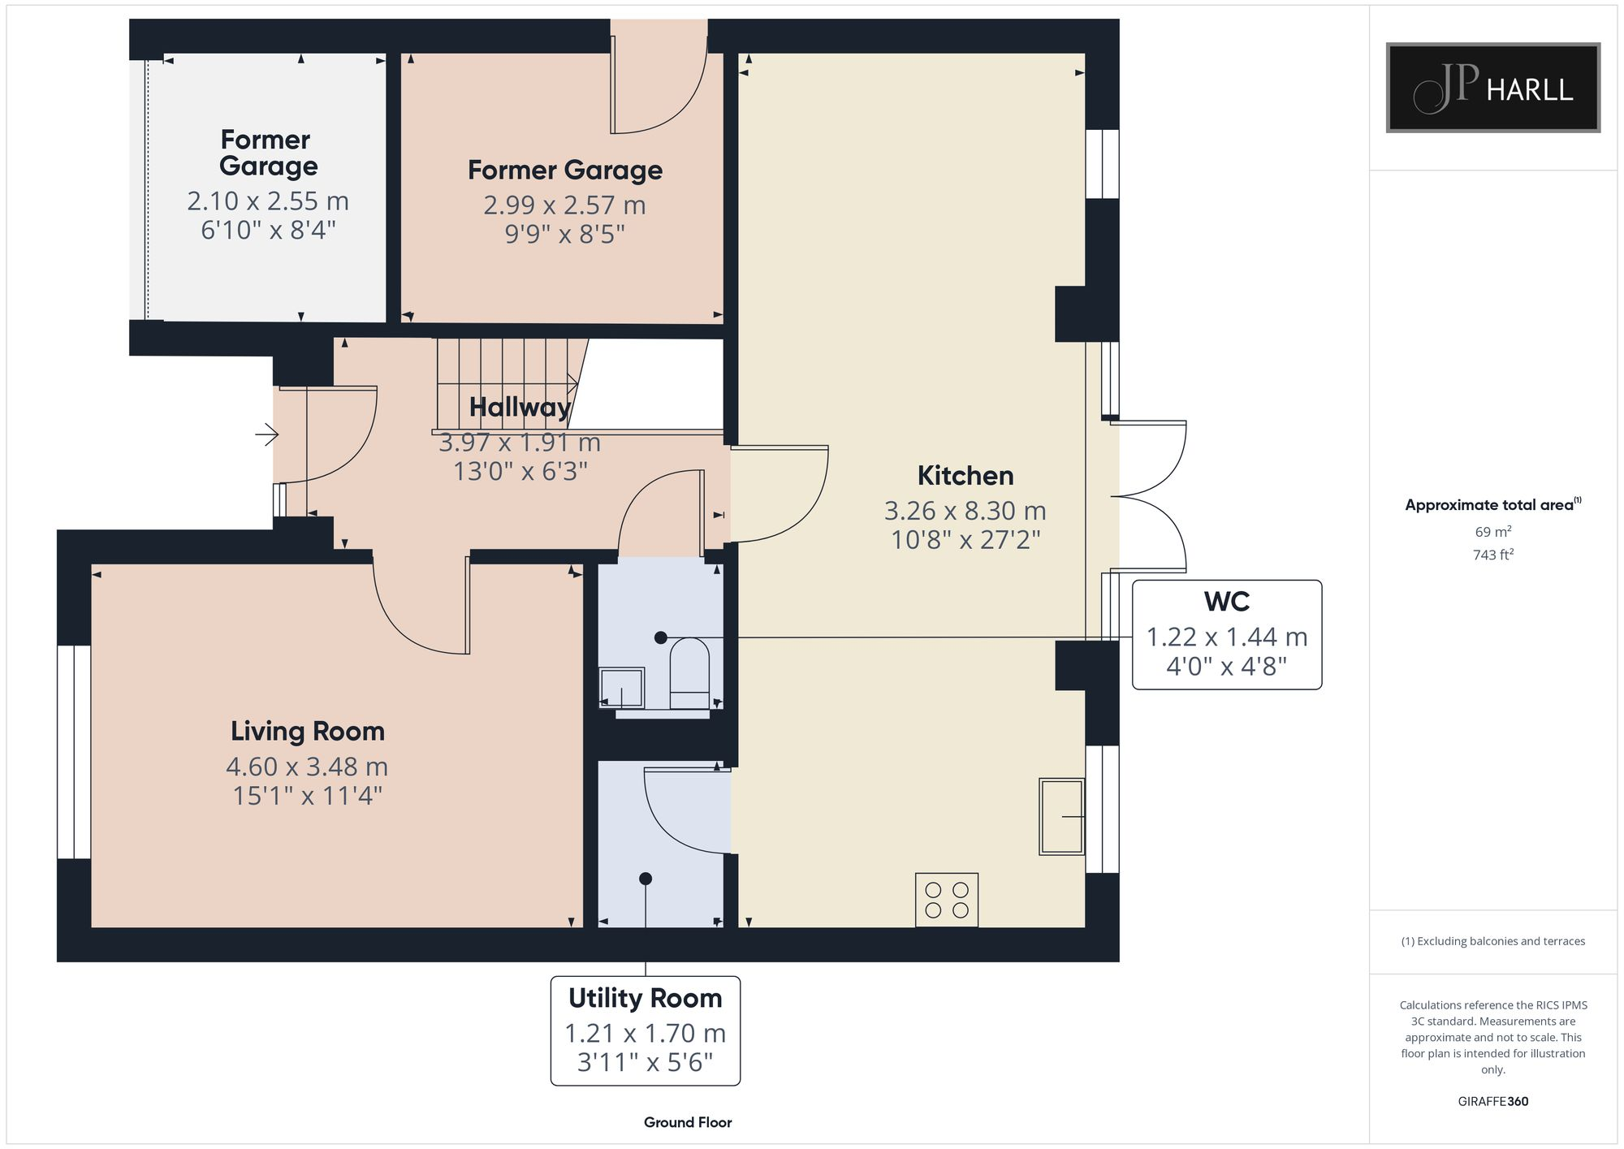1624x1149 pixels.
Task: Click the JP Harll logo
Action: pyautogui.click(x=1492, y=88)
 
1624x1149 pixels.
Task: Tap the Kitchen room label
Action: pyautogui.click(x=965, y=476)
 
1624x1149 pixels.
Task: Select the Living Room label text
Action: pyautogui.click(x=307, y=731)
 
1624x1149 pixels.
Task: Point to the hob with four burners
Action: pyautogui.click(x=946, y=900)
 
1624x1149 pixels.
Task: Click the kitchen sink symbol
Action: pyautogui.click(x=1061, y=816)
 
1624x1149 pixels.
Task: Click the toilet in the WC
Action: pyautogui.click(x=689, y=673)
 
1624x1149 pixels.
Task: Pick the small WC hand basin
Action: pyautogui.click(x=621, y=688)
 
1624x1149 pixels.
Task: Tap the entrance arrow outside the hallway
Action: pyautogui.click(x=267, y=435)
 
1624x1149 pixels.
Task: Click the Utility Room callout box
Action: pyautogui.click(x=645, y=1030)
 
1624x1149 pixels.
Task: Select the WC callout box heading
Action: pyautogui.click(x=1226, y=602)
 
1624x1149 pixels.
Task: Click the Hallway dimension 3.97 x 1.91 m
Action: pyautogui.click(x=520, y=443)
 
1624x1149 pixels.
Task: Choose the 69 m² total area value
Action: pyautogui.click(x=1492, y=532)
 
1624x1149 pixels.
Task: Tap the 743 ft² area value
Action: pyautogui.click(x=1492, y=555)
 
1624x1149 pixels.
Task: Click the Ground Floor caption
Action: pyautogui.click(x=688, y=1122)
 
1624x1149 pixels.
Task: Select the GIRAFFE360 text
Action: pyautogui.click(x=1492, y=1101)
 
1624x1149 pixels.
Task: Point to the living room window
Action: pyautogui.click(x=74, y=752)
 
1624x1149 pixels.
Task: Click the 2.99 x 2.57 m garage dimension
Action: pyautogui.click(x=564, y=205)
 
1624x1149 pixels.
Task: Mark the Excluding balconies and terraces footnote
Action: pyautogui.click(x=1492, y=941)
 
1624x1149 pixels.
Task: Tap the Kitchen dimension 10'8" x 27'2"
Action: pyautogui.click(x=965, y=540)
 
